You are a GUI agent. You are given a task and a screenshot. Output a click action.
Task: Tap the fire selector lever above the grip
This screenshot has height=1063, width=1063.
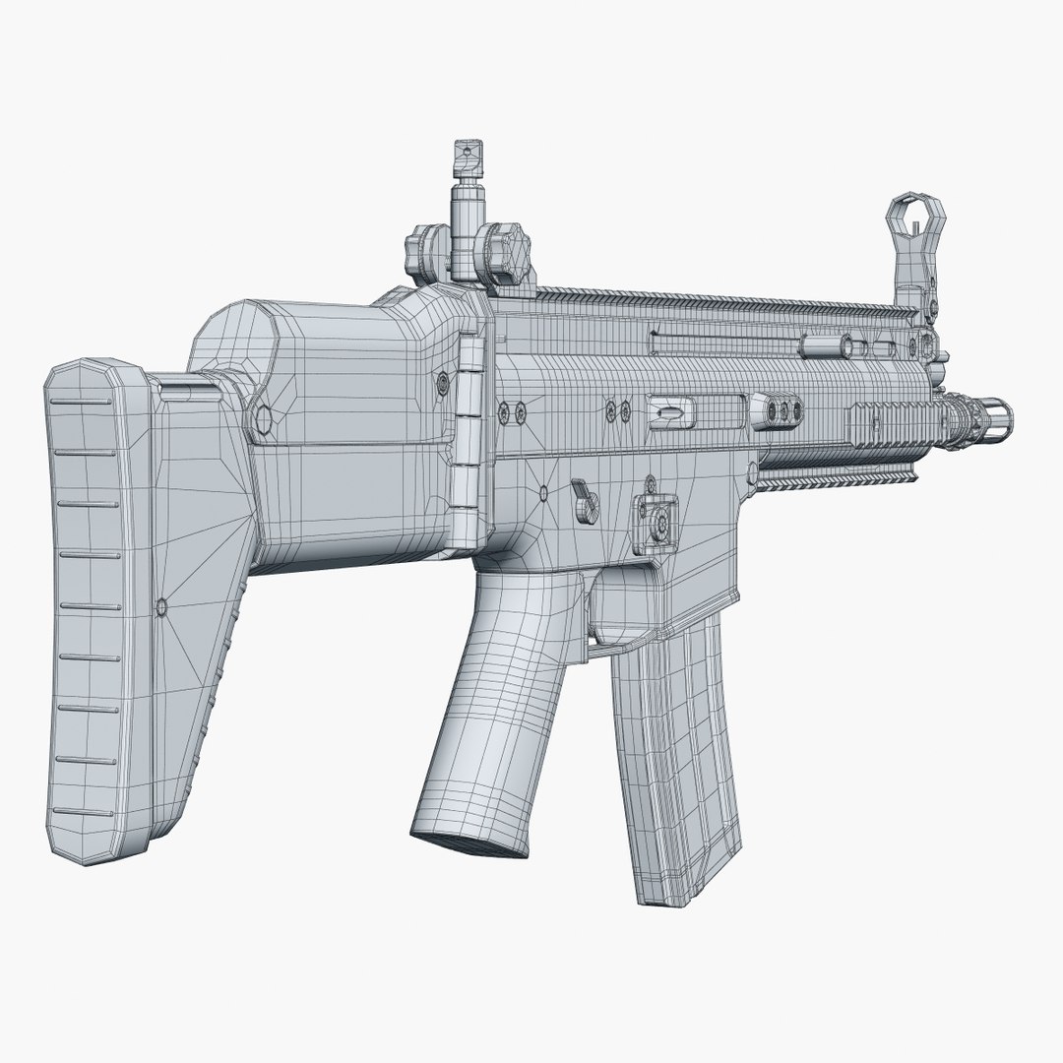(x=586, y=497)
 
